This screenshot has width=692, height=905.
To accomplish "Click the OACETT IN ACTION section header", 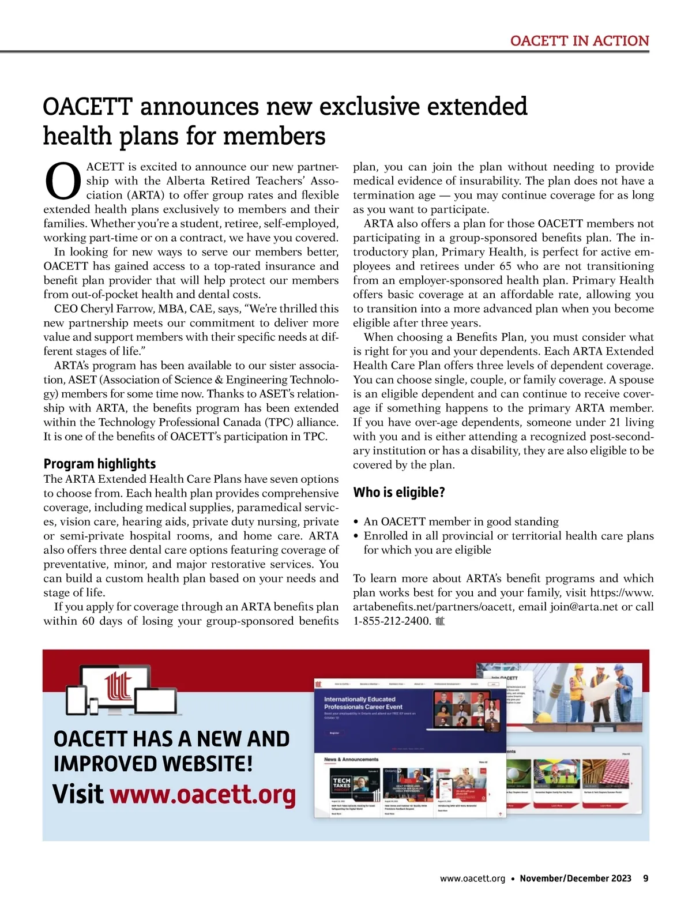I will click(x=580, y=41).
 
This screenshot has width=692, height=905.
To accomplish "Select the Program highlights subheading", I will click(x=100, y=464).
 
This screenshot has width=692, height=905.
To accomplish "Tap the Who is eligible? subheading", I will click(x=399, y=492).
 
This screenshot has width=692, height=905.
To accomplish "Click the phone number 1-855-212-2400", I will click(x=392, y=621).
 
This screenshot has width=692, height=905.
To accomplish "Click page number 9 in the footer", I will click(x=645, y=878).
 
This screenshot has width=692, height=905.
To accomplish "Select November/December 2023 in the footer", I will click(x=575, y=878).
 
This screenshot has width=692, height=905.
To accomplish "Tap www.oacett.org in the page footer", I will click(x=472, y=878).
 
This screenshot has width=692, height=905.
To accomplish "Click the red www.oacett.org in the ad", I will click(x=203, y=794).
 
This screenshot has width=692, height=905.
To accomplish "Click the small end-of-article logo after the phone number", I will click(x=441, y=621).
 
